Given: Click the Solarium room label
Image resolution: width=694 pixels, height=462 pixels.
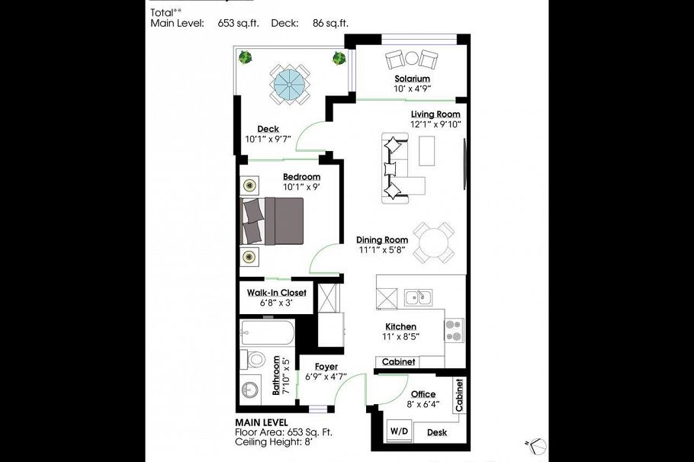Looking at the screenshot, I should [x=412, y=79].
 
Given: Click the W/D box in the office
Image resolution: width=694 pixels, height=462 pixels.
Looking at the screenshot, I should [x=399, y=431].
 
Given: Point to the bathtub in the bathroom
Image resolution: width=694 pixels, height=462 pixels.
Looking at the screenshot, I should [x=266, y=333].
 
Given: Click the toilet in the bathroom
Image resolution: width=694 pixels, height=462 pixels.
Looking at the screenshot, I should [x=255, y=359].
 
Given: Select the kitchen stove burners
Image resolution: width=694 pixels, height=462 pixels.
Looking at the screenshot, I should [x=454, y=329].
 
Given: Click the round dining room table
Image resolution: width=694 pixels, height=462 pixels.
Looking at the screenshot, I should [x=432, y=242].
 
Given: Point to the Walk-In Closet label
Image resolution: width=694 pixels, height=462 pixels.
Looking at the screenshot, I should [x=276, y=293].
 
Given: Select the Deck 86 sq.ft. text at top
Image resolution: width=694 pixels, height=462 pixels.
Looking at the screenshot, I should [x=330, y=23].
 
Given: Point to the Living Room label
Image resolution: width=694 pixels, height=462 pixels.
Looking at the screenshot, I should [x=435, y=114].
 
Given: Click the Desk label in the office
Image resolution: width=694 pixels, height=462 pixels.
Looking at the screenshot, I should [x=437, y=432].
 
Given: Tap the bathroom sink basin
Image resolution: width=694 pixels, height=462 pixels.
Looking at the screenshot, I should [x=251, y=391].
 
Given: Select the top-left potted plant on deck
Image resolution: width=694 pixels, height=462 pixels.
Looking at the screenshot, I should [x=246, y=57].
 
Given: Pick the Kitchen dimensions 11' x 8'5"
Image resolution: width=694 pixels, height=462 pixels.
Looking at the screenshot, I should [x=400, y=336].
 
